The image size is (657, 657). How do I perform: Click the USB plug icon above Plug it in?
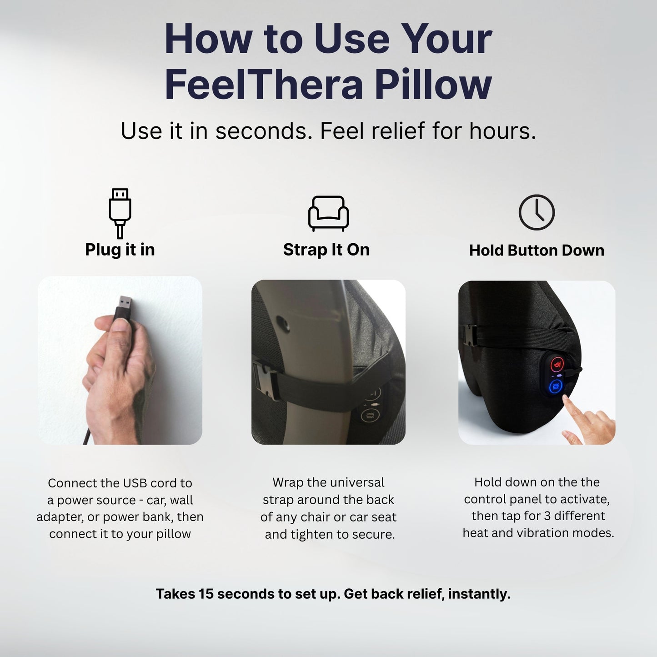[120, 213]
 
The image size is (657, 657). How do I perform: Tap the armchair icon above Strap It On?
[328, 213]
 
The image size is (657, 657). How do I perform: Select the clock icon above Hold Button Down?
[537, 212]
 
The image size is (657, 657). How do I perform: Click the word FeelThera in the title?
[264, 84]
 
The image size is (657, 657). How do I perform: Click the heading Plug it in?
[120, 250]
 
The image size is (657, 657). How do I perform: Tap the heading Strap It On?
[326, 250]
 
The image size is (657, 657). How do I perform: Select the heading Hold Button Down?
[537, 250]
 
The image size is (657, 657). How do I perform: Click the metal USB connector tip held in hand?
[125, 303]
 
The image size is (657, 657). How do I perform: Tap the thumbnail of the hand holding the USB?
[120, 360]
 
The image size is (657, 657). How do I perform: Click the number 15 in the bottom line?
[206, 594]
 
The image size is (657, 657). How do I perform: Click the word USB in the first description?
[136, 483]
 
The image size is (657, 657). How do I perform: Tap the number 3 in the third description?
[547, 516]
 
